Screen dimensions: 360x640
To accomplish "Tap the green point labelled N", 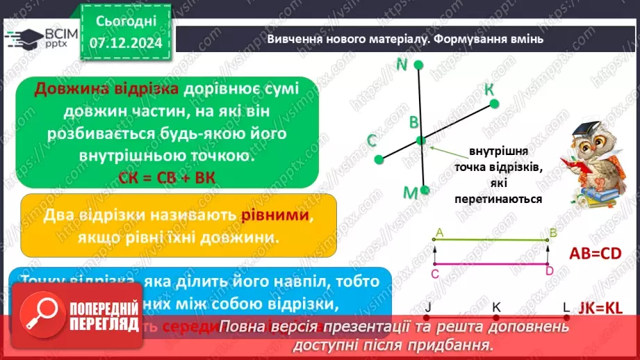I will tap(418, 65).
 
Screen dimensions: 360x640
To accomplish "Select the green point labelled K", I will tap(494, 104).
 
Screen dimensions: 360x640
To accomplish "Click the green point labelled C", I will tap(379, 159).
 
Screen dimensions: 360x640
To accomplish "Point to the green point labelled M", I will tap(425, 190).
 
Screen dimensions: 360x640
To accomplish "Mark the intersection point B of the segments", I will tap(421, 140).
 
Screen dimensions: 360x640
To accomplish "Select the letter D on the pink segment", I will tap(549, 271).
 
